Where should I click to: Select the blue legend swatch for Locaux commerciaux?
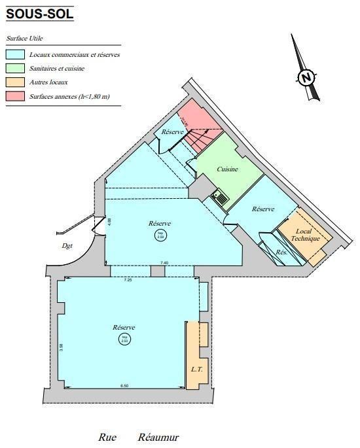click(15, 56)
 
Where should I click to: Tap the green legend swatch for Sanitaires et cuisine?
click(15, 69)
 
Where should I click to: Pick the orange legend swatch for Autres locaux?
click(15, 82)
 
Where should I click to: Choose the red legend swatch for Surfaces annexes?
click(15, 96)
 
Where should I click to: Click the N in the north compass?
click(305, 78)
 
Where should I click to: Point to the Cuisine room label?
click(228, 169)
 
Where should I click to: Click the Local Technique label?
click(308, 235)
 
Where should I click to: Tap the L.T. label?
click(196, 370)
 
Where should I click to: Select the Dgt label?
click(67, 247)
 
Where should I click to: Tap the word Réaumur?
click(158, 438)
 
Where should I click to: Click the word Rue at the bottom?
click(107, 438)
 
